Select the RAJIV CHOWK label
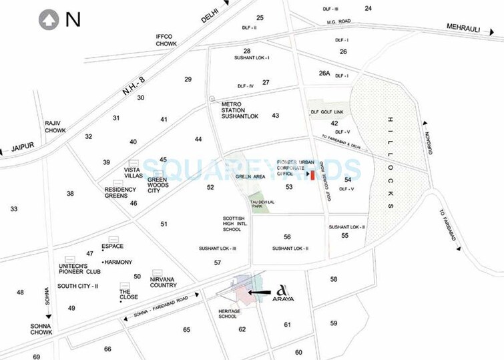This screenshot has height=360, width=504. [55, 127]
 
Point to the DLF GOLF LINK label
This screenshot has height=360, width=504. [326, 112]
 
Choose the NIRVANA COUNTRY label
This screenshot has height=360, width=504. [163, 282]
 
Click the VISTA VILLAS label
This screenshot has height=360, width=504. [134, 173]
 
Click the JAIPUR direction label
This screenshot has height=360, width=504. [22, 146]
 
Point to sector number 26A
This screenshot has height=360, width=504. [324, 74]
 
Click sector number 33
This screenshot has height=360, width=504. [13, 209]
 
